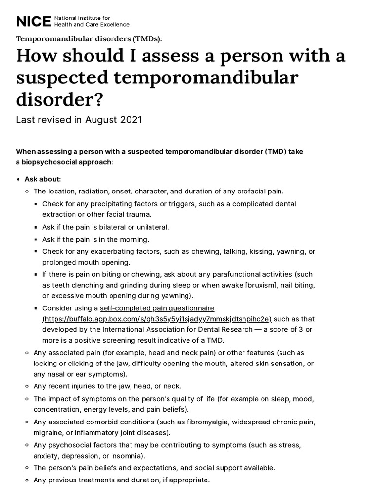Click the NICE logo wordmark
[33, 21]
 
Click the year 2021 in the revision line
[130, 119]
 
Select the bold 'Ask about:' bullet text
[43, 179]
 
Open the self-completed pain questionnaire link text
[157, 308]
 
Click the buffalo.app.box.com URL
[157, 319]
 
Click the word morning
[135, 239]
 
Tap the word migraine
[48, 433]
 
